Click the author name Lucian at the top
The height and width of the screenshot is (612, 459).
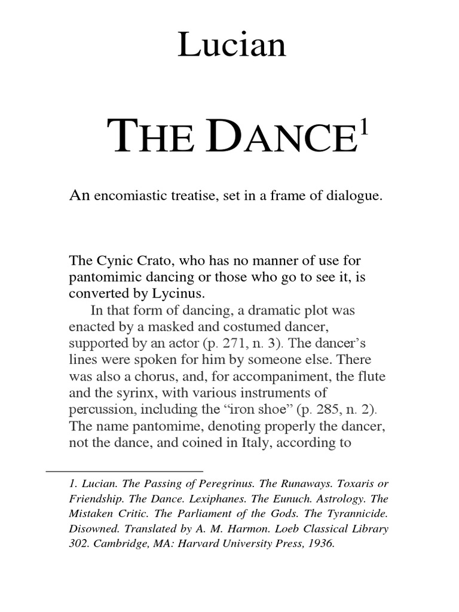231,45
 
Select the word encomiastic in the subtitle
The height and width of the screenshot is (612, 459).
133,196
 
